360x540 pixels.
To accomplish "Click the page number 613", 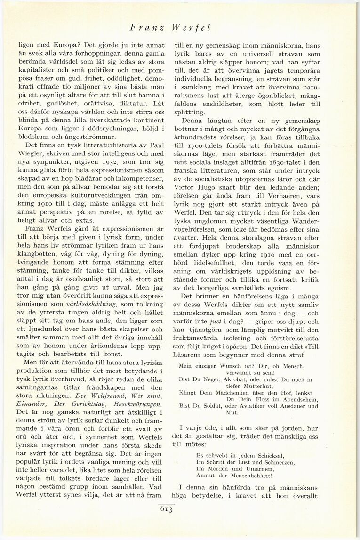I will pyautogui.click(x=167, y=508).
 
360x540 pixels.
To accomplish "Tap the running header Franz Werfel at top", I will pyautogui.click(x=170, y=28).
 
